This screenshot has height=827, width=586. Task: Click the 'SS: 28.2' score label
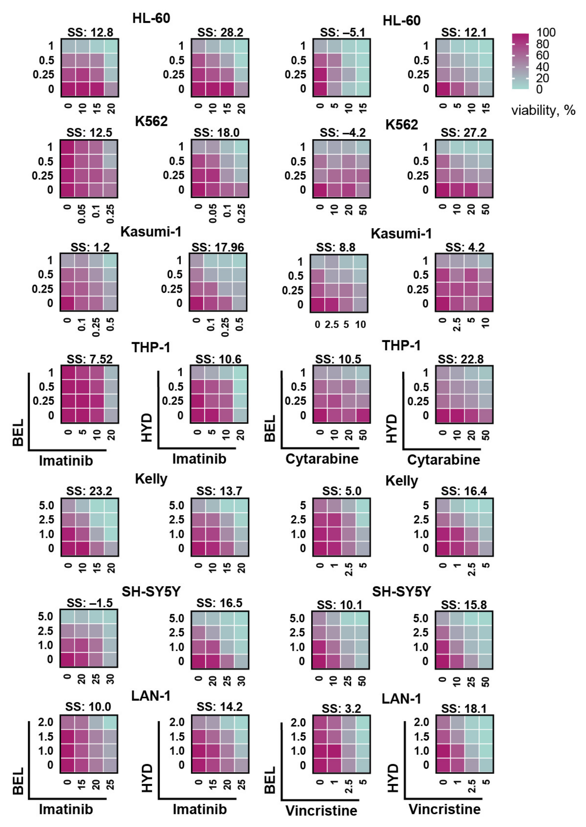220,32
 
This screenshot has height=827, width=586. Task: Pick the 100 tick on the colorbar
546,32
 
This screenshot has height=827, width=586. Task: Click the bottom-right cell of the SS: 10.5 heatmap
363,415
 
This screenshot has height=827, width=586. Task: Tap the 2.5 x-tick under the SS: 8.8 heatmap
331,325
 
